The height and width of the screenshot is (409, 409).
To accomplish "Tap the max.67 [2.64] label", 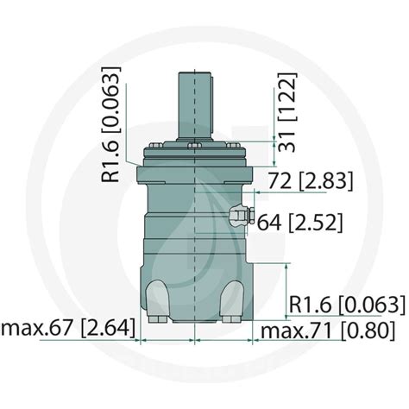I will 61,329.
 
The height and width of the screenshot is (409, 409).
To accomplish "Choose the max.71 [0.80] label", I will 329,330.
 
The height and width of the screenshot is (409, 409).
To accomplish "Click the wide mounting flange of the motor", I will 195,173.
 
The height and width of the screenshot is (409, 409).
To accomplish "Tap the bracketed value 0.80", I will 363,330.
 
